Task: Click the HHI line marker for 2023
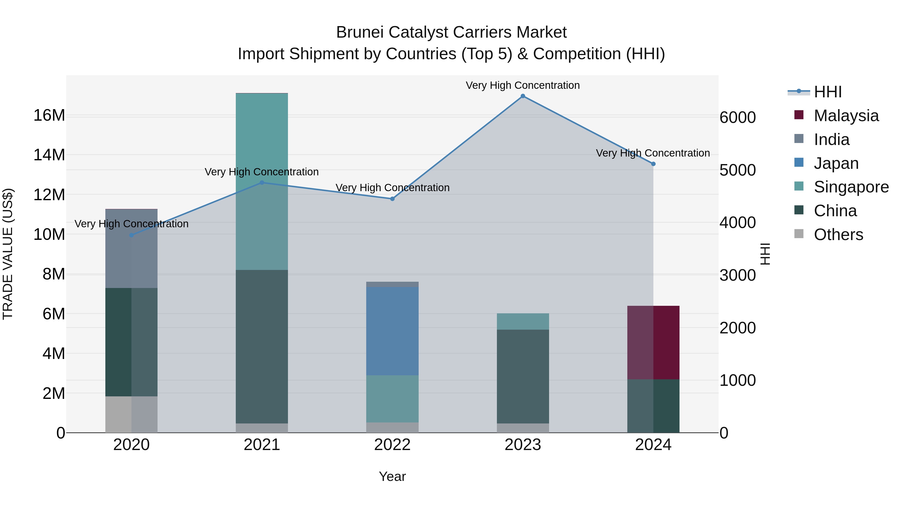click(x=523, y=96)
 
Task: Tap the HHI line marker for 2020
click(x=131, y=235)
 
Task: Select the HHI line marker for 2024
click(x=653, y=164)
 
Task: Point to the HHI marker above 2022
click(x=392, y=199)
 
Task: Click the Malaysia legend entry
click(x=846, y=116)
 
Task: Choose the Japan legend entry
click(x=836, y=163)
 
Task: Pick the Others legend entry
click(x=838, y=235)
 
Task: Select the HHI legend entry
click(x=827, y=92)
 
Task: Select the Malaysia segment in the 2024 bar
click(x=653, y=342)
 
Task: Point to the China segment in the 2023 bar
click(x=523, y=376)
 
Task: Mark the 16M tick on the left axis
click(x=49, y=115)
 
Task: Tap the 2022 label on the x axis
click(x=392, y=445)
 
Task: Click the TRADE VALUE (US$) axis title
click(x=8, y=254)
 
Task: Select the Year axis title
click(x=392, y=476)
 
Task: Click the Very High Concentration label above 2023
click(x=523, y=85)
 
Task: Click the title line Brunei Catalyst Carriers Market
click(x=451, y=32)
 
